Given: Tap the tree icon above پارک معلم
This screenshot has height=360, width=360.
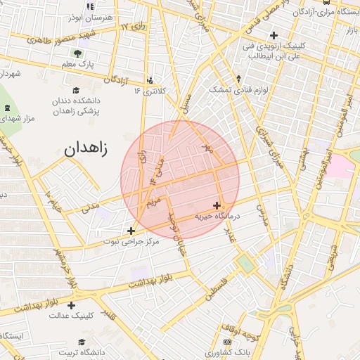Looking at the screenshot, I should tap(77, 53).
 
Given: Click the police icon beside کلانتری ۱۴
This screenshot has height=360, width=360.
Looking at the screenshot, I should tap(150, 79).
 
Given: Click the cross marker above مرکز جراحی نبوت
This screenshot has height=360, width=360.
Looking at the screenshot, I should tap(130, 230).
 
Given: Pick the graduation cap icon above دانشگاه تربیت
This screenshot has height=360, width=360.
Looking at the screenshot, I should tap(82, 341).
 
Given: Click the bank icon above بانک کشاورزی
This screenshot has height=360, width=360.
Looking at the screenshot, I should tap(226, 341).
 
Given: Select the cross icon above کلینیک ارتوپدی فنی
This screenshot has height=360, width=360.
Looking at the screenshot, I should tap(273, 34).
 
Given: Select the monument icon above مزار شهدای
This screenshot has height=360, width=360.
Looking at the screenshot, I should tap(8, 108).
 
